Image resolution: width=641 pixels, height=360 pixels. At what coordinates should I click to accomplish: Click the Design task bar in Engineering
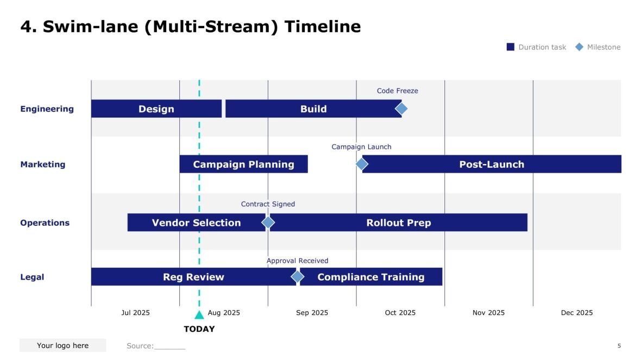156,109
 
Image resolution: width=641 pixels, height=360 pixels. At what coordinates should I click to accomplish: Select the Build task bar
313,109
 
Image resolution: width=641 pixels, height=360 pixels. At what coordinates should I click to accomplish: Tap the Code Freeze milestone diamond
401,109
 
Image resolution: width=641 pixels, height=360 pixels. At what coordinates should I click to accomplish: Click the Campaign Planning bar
243,164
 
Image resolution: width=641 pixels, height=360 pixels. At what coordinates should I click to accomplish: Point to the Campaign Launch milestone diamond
362,164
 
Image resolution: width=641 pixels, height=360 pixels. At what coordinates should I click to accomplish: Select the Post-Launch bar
492,164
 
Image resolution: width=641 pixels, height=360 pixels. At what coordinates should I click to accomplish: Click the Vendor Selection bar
196,223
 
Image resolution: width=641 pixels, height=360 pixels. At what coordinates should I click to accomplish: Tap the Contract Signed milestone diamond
268,222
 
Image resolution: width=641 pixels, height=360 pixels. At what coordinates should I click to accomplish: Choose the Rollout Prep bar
398,223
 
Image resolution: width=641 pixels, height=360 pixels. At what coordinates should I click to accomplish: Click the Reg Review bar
193,277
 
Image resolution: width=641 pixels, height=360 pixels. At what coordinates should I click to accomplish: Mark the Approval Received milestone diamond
297,277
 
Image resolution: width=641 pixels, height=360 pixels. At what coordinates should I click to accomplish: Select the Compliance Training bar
371,277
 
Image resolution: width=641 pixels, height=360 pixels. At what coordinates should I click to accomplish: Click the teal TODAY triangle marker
199,315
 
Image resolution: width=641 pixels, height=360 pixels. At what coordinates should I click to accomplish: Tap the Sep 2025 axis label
312,313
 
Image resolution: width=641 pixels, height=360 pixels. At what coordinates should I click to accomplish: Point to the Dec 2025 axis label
576,313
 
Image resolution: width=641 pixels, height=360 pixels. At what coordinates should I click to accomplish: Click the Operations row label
45,223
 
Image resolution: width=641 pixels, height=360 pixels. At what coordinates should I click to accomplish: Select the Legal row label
32,277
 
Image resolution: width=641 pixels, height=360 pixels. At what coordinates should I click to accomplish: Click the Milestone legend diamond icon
579,47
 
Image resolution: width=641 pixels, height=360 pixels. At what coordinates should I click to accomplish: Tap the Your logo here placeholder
62,345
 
